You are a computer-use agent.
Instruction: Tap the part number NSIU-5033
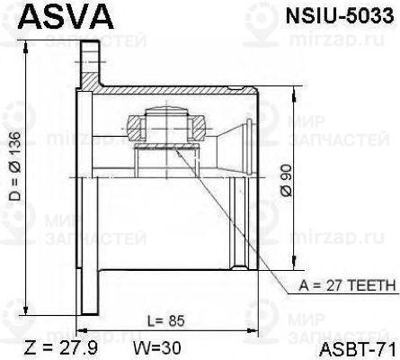pyautogui.click(x=337, y=15)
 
